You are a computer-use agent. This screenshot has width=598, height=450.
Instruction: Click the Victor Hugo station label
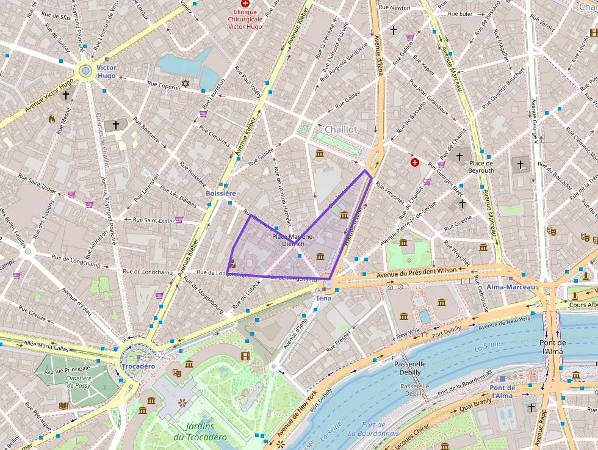[x=106, y=71]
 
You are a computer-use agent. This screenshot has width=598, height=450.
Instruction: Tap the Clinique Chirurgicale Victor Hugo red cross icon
[x=245, y=4]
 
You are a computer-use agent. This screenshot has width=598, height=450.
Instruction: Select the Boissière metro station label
[x=220, y=193]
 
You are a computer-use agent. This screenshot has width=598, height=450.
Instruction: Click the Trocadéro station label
[x=138, y=366]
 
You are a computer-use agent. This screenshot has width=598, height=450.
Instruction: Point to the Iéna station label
[x=323, y=298]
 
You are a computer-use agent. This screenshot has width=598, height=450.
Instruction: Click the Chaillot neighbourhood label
[x=341, y=129]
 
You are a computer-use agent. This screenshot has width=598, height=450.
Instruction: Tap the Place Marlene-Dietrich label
[x=294, y=239]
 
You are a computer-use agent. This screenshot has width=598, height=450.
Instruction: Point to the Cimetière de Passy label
[x=79, y=382]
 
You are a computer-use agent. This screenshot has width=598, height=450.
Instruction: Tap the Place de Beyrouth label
[x=481, y=167]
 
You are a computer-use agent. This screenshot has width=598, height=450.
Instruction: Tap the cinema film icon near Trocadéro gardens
[x=245, y=356]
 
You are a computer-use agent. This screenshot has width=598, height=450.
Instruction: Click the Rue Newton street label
[x=395, y=8]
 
